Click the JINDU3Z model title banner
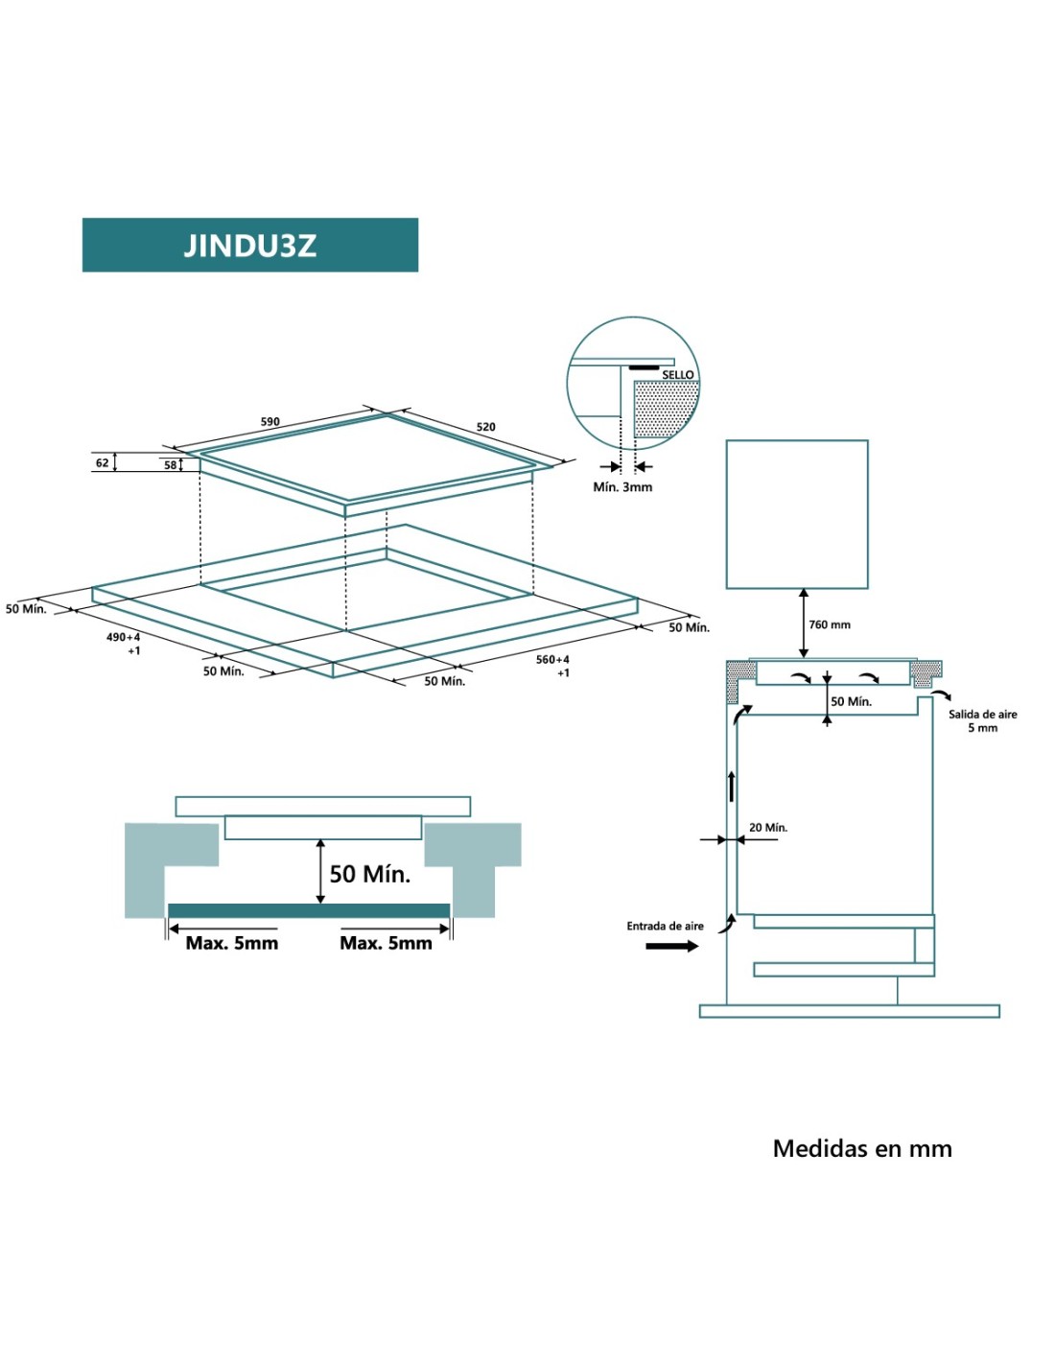[249, 245]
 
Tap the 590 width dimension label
[270, 421]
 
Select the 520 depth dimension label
[486, 427]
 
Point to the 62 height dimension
[102, 462]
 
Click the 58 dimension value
[170, 465]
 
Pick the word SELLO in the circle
[678, 374]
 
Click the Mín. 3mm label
[622, 487]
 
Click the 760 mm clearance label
[830, 624]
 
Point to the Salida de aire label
[983, 714]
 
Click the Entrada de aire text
[665, 926]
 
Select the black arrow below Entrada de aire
[672, 947]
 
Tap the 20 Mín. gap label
[768, 827]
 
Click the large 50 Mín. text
[370, 874]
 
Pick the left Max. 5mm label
[232, 943]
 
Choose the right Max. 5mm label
[386, 943]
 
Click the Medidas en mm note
[862, 1148]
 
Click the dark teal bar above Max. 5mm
[309, 910]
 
